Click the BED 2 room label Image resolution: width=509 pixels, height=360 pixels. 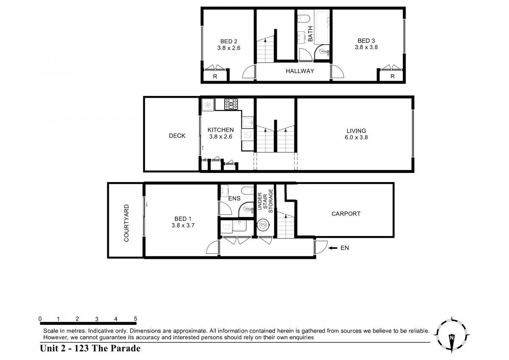pyautogui.click(x=229, y=41)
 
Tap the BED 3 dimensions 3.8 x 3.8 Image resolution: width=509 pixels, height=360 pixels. pyautogui.click(x=366, y=47)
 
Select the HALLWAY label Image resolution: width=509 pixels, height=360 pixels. pyautogui.click(x=300, y=71)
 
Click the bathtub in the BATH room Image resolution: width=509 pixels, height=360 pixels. pyautogui.click(x=322, y=27)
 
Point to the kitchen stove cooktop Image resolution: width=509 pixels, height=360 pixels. pyautogui.click(x=231, y=104)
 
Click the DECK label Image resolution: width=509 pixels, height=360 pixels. pyautogui.click(x=177, y=136)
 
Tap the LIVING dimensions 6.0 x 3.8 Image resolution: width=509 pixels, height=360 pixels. pyautogui.click(x=356, y=138)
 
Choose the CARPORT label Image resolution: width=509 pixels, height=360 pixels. pyautogui.click(x=346, y=214)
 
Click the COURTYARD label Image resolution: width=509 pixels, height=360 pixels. pyautogui.click(x=126, y=223)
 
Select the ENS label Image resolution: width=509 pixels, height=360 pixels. pyautogui.click(x=234, y=199)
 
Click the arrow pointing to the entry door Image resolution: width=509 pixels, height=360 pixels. pyautogui.click(x=333, y=248)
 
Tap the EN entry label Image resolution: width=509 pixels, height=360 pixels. pyautogui.click(x=344, y=248)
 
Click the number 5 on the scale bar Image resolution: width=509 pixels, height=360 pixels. pyautogui.click(x=135, y=319)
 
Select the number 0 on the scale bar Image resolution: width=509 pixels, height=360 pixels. pyautogui.click(x=40, y=319)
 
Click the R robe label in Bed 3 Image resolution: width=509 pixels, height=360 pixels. pyautogui.click(x=392, y=76)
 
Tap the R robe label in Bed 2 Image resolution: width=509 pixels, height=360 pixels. pyautogui.click(x=215, y=77)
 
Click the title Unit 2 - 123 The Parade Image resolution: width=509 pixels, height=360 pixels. pyautogui.click(x=90, y=349)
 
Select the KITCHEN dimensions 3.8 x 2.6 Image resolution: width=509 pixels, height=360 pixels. pyautogui.click(x=221, y=137)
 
